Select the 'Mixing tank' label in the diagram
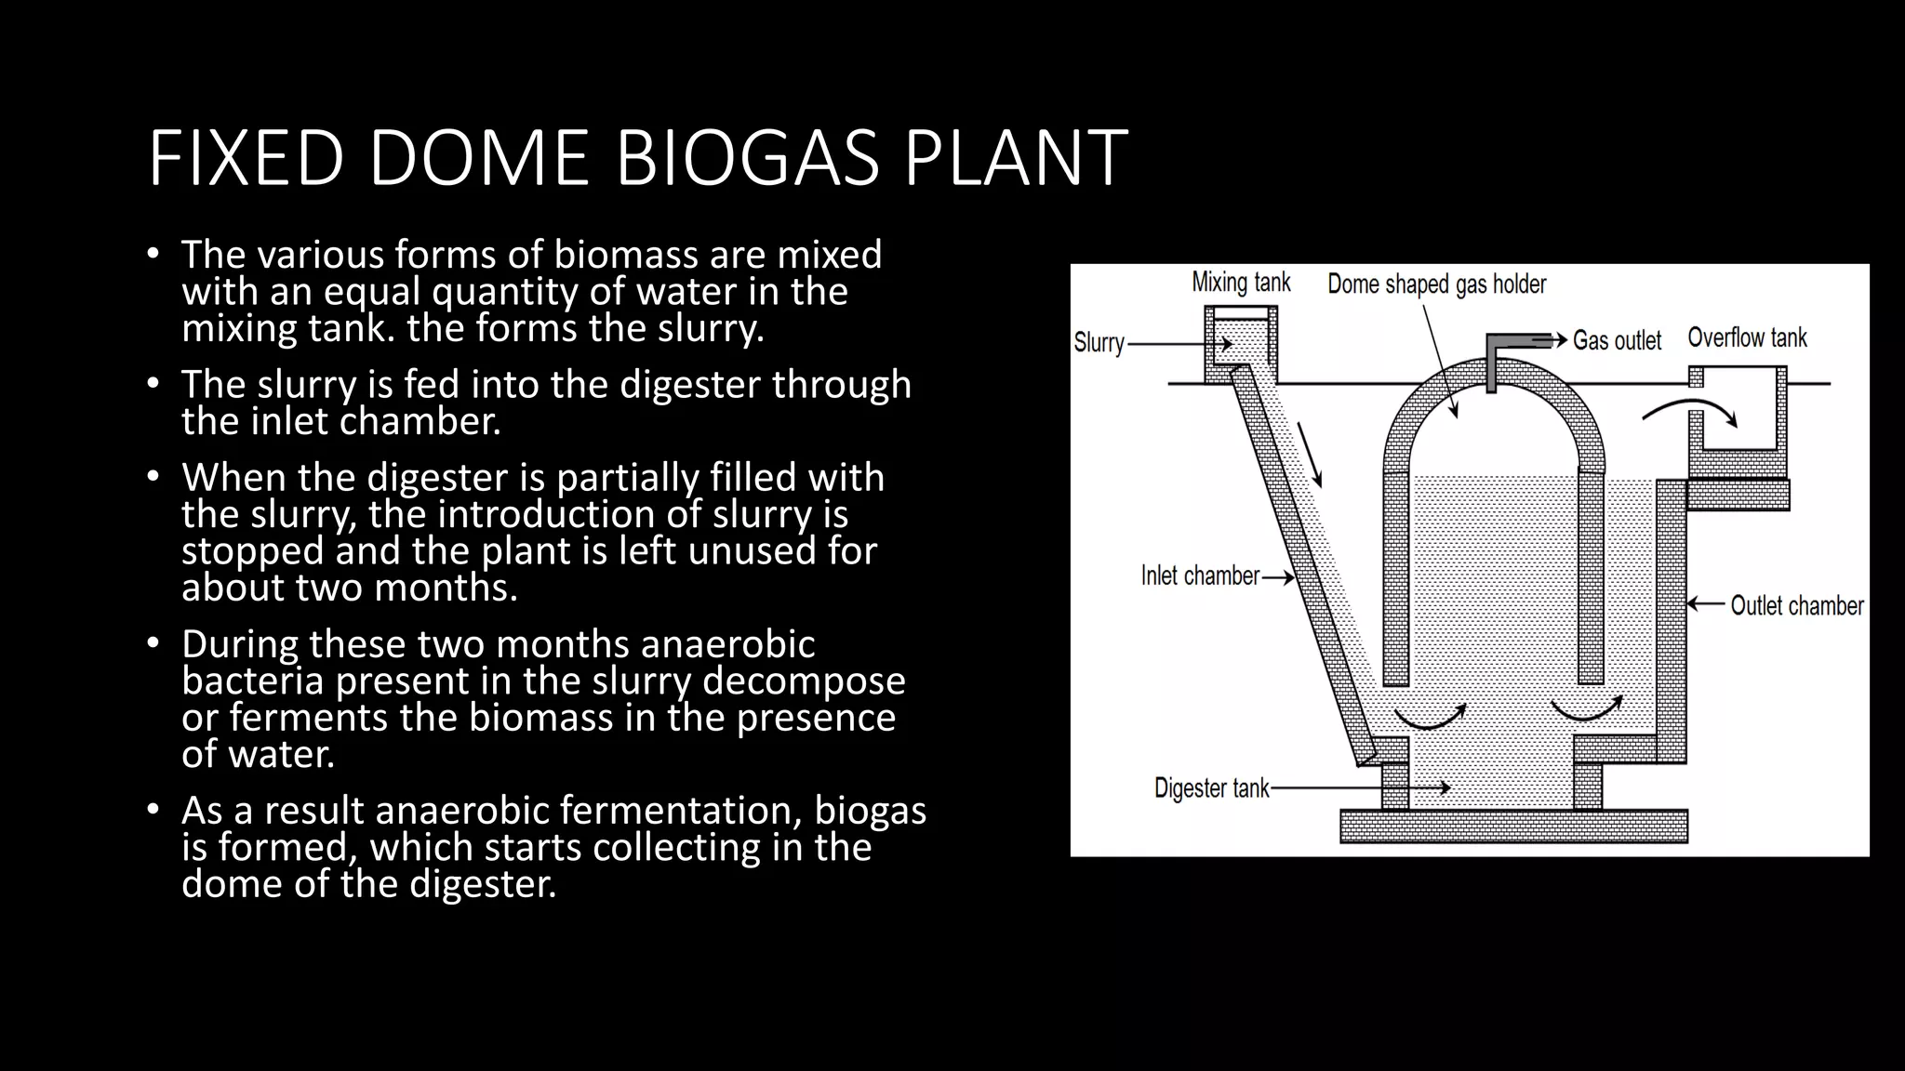click(1241, 283)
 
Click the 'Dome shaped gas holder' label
click(1436, 284)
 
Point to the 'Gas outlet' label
click(1617, 340)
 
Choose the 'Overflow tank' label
click(1747, 337)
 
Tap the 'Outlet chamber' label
click(1796, 606)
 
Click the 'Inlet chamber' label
click(1200, 576)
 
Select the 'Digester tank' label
click(1211, 788)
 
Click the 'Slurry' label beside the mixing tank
click(1099, 343)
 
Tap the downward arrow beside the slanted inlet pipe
click(1310, 456)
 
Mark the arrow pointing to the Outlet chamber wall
click(1706, 604)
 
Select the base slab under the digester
click(1513, 826)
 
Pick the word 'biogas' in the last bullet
click(871, 811)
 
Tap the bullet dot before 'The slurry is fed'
click(153, 383)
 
